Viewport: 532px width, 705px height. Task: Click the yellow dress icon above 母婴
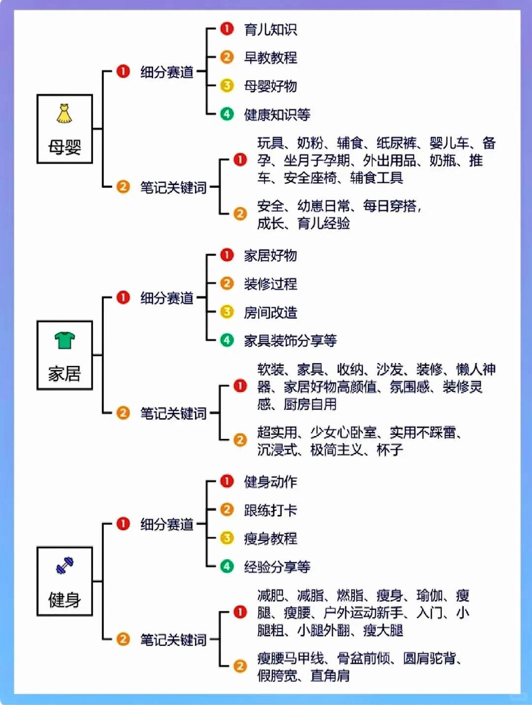click(x=64, y=113)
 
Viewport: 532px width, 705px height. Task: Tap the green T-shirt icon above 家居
click(x=65, y=340)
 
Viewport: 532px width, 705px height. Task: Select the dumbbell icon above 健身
click(x=65, y=565)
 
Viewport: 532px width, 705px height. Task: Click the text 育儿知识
click(x=270, y=30)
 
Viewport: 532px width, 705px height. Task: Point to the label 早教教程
click(x=270, y=58)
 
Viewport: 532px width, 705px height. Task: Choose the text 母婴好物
click(x=270, y=86)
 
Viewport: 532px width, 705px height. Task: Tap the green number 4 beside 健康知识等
click(x=227, y=114)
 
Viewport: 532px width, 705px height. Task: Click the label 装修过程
click(x=270, y=284)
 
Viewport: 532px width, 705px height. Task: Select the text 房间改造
click(x=270, y=312)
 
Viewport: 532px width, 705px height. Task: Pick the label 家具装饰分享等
click(x=290, y=340)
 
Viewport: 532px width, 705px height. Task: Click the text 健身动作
click(x=270, y=481)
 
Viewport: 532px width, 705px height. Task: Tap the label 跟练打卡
click(x=270, y=510)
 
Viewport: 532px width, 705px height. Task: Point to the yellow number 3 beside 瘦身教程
click(x=227, y=538)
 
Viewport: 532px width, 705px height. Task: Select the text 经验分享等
click(x=277, y=567)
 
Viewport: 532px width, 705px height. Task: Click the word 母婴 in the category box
click(x=65, y=147)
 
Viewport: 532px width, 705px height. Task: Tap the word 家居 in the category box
click(x=65, y=373)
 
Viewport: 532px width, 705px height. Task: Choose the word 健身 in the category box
click(x=65, y=600)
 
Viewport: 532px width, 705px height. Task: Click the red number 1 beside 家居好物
click(x=227, y=255)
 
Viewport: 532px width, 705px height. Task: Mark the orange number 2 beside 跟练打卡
click(x=227, y=509)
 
